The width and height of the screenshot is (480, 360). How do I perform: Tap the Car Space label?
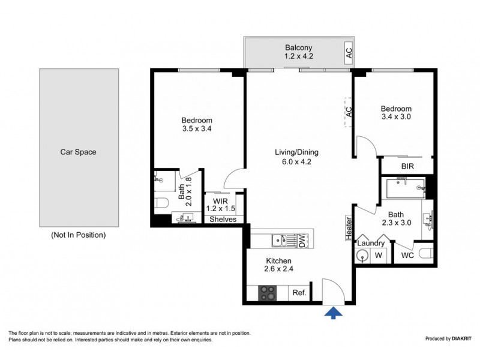pos(78,152)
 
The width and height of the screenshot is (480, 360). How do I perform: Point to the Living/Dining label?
pos(293,157)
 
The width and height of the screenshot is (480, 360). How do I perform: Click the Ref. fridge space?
pos(299,293)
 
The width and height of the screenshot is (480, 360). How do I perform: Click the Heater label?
pos(348,228)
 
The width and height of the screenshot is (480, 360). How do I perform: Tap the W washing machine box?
pos(378,256)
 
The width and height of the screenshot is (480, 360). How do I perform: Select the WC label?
pos(407,256)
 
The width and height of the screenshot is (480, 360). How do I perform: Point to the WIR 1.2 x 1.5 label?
pos(220,205)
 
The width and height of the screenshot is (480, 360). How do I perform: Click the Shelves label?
pos(223,220)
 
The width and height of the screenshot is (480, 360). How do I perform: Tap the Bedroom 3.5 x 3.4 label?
pos(197,124)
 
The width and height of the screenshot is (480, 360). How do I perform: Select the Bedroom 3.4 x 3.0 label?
pos(396,113)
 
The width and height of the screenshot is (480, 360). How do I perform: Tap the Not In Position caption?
pos(78,235)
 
